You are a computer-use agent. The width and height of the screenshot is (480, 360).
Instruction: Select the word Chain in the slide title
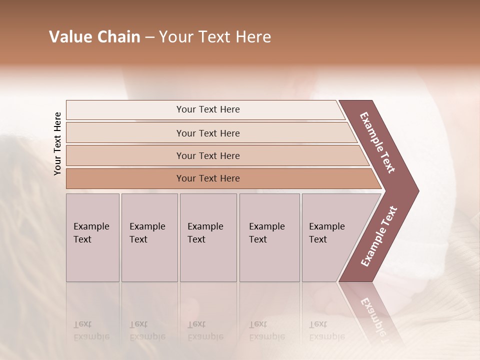(118, 37)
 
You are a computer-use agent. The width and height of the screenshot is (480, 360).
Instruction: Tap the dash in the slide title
(149, 37)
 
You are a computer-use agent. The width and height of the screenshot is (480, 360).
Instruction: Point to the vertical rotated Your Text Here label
(57, 144)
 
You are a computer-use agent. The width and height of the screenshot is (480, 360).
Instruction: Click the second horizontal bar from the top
(208, 133)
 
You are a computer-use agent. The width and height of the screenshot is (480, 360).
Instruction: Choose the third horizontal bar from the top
(208, 155)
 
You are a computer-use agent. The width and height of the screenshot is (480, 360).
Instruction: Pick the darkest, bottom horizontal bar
(208, 178)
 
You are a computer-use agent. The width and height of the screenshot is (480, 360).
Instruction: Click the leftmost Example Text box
(92, 237)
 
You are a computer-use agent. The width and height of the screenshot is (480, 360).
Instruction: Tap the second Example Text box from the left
(149, 237)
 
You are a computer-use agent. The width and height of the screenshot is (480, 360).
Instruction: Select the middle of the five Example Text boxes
(208, 237)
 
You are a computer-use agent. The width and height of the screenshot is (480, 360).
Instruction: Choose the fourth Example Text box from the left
(269, 237)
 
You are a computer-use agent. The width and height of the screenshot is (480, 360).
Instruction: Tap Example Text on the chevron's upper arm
(378, 142)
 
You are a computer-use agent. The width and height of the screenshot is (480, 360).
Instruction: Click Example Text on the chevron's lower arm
(379, 236)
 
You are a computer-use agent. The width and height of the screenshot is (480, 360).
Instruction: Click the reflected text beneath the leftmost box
(91, 330)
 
